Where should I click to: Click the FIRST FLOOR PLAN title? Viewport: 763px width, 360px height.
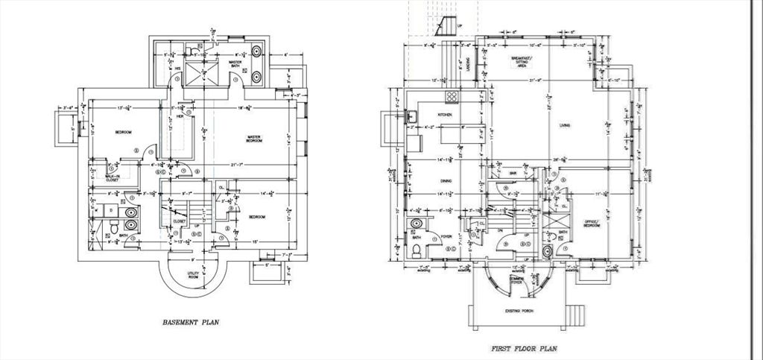click(526, 348)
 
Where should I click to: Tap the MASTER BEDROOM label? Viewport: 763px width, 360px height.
click(258, 139)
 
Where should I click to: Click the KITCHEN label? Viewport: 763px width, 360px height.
click(446, 115)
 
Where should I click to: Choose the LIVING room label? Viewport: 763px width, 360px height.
click(565, 125)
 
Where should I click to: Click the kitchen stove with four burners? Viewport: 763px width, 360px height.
click(451, 98)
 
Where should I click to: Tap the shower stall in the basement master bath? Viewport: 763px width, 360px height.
click(200, 74)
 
